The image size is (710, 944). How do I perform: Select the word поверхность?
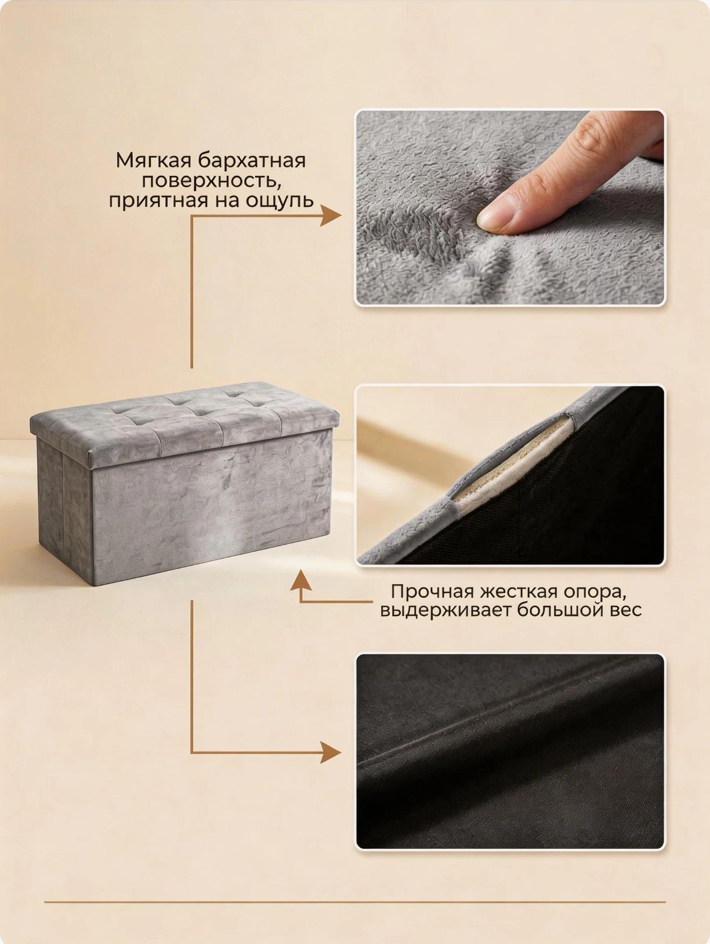click(x=211, y=181)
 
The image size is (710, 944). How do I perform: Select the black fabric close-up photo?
click(x=510, y=751)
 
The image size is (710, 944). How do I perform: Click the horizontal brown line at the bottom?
click(x=355, y=902)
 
